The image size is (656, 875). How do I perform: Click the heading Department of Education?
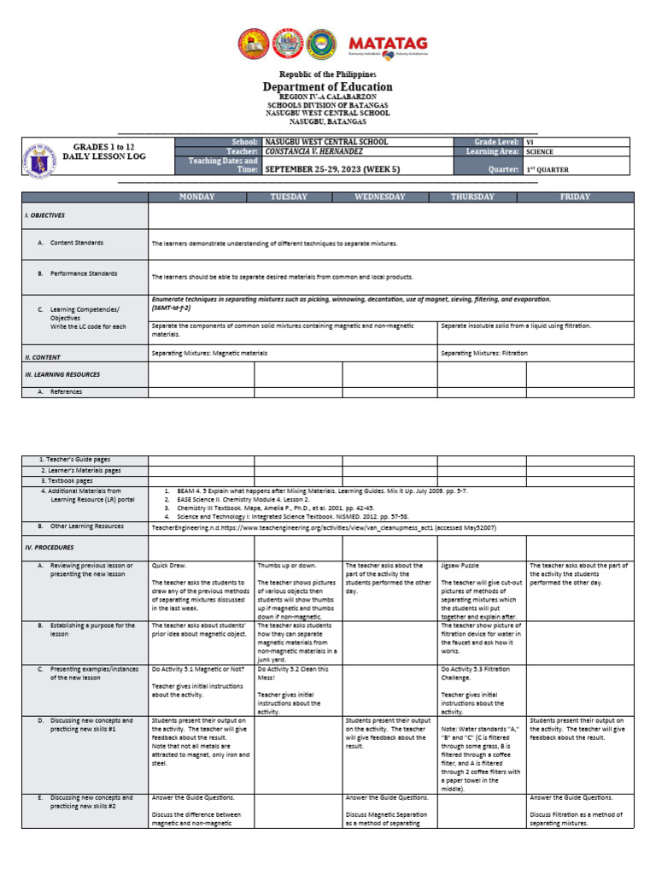point(327,86)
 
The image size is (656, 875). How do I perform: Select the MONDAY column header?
point(196,197)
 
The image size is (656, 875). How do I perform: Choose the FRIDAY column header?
point(575,197)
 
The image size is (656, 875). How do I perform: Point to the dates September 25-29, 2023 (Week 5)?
point(331,169)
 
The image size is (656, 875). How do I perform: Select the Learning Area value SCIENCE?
point(540,151)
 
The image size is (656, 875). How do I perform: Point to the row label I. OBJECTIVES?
point(44,215)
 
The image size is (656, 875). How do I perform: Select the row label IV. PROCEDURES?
point(50,547)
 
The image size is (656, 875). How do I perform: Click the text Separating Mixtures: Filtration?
point(483,353)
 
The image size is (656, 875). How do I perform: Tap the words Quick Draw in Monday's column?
point(167,565)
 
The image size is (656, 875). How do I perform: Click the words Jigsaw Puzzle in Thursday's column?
point(460,565)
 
